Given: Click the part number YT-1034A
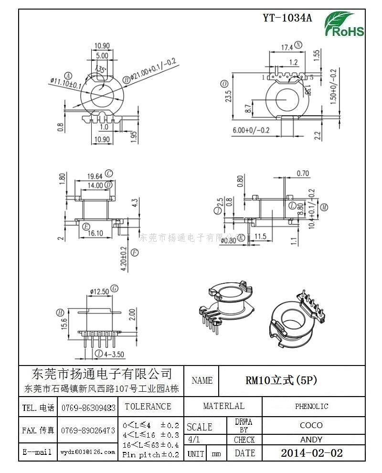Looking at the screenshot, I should [287, 18].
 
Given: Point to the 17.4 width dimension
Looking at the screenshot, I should [286, 47].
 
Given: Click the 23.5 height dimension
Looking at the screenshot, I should [229, 96].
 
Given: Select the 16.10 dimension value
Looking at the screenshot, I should [95, 234].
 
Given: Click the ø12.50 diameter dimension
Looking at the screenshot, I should [99, 291].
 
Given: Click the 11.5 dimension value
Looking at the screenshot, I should [260, 236].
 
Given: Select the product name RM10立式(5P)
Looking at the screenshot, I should [281, 381].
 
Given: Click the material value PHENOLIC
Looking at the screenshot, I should [311, 407].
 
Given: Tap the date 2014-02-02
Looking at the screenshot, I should [311, 453].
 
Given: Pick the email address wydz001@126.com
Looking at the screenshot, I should [88, 451].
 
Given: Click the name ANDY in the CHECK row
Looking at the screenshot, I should [311, 440].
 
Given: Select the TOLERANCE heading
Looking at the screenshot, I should [148, 407].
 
